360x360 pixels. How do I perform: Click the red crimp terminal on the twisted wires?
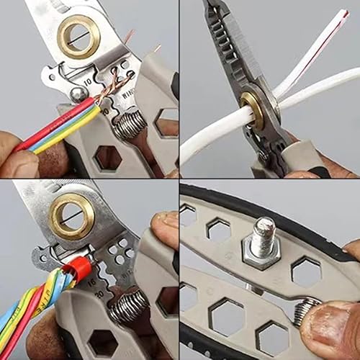click(x=80, y=270)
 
